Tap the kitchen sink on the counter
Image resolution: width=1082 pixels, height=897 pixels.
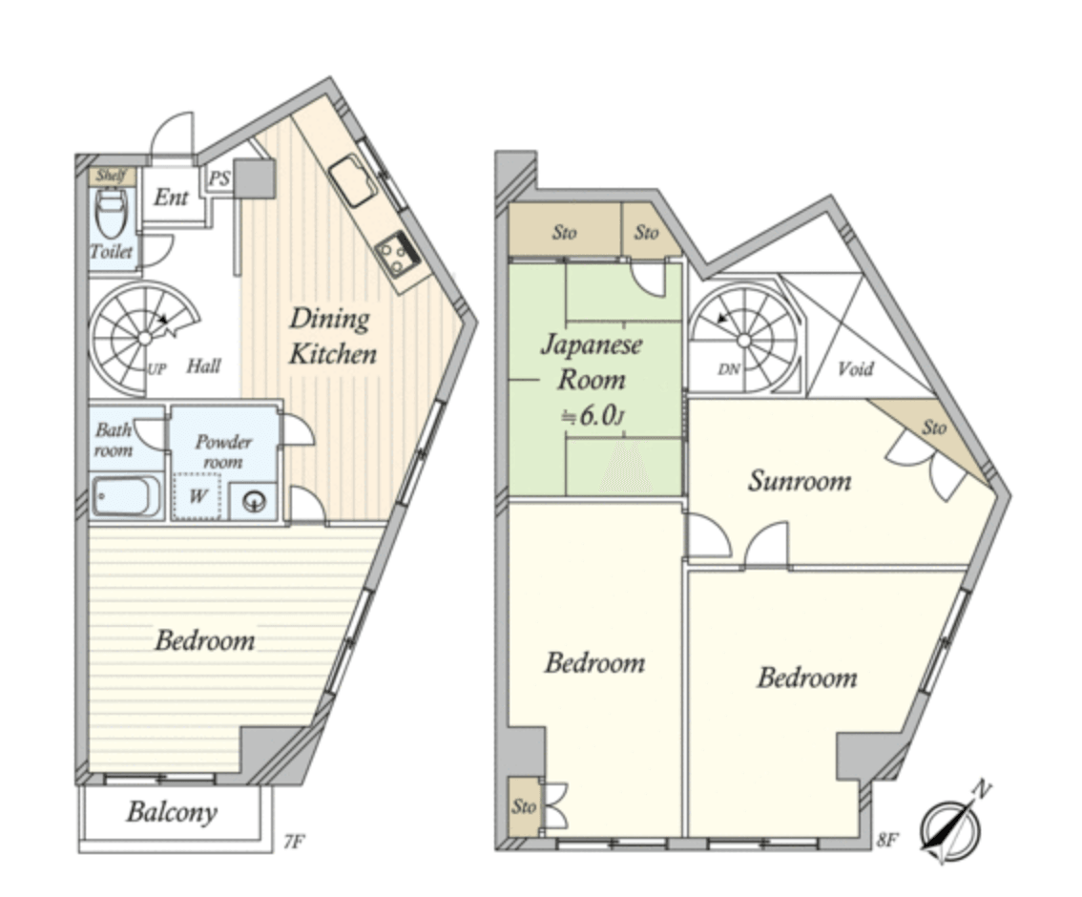pyautogui.click(x=353, y=180)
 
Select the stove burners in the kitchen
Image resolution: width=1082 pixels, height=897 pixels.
pyautogui.click(x=397, y=255)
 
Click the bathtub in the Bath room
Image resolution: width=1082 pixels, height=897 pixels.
pyautogui.click(x=126, y=496)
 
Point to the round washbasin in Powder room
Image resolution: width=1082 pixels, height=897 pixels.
pyautogui.click(x=254, y=501)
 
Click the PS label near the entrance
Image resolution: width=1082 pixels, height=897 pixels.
pyautogui.click(x=219, y=179)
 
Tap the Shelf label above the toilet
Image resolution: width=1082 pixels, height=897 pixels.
pyautogui.click(x=111, y=176)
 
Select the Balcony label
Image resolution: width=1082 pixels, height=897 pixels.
pyautogui.click(x=172, y=812)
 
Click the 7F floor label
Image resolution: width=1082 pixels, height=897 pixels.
pyautogui.click(x=294, y=842)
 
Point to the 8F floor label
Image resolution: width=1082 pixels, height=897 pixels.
pyautogui.click(x=886, y=841)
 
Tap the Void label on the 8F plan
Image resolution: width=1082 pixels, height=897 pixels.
pyautogui.click(x=856, y=369)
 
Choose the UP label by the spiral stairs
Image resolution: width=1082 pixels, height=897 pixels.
pyautogui.click(x=156, y=369)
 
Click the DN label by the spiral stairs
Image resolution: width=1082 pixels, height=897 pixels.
pyautogui.click(x=729, y=369)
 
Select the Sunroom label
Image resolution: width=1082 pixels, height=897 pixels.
pyautogui.click(x=800, y=480)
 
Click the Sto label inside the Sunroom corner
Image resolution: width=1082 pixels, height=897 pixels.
pyautogui.click(x=934, y=428)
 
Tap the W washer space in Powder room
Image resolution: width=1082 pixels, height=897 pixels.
pyautogui.click(x=198, y=495)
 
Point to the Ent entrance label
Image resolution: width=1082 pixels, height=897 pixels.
pyautogui.click(x=171, y=198)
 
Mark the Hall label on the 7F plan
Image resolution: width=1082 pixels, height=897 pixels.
pyautogui.click(x=203, y=365)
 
